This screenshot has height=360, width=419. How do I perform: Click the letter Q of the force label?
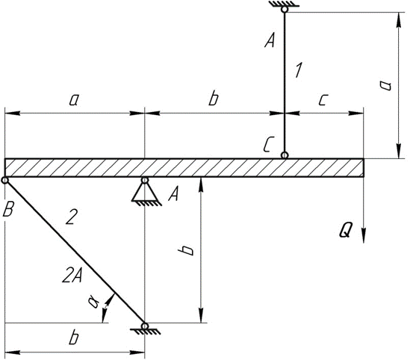(346, 230)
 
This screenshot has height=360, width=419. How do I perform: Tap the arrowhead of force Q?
(364, 235)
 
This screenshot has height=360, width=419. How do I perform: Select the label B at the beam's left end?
(8, 208)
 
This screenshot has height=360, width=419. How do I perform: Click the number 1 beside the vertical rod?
(299, 70)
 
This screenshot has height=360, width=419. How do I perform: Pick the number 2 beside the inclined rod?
(72, 217)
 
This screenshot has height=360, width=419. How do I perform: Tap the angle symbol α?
(93, 302)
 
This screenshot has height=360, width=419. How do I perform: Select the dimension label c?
(323, 100)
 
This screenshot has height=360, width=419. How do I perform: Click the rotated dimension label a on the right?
(385, 85)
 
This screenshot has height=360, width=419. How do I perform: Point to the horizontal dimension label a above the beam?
(74, 100)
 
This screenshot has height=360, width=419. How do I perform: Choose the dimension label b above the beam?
(214, 98)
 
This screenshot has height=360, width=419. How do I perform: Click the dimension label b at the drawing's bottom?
(74, 338)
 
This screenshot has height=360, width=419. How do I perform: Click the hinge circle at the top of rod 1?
(285, 10)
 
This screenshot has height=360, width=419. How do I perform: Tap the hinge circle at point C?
(285, 155)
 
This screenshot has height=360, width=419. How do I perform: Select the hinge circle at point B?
(4, 181)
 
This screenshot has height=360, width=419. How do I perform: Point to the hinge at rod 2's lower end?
(145, 326)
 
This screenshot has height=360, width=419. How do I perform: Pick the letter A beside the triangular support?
(174, 193)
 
